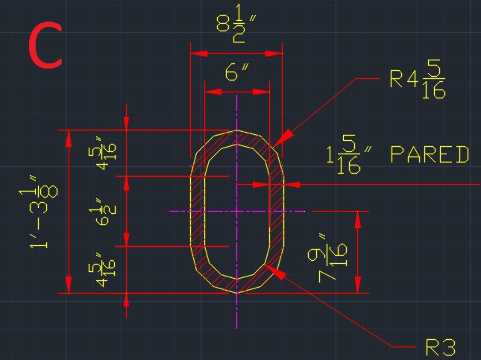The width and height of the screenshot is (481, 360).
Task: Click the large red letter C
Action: tap(45, 46)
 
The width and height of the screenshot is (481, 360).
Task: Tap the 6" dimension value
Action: tap(236, 72)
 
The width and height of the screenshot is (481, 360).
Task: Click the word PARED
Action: tap(430, 155)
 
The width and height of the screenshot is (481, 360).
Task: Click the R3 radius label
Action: tap(440, 347)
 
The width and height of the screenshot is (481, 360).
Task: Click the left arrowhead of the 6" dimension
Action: tap(210, 92)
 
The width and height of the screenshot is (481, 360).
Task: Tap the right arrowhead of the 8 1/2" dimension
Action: tap(277, 53)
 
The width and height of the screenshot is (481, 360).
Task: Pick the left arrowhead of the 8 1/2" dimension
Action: tap(196, 53)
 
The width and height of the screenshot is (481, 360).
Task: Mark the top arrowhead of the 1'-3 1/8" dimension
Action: tap(69, 136)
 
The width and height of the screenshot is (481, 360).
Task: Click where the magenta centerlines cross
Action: tap(236, 212)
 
